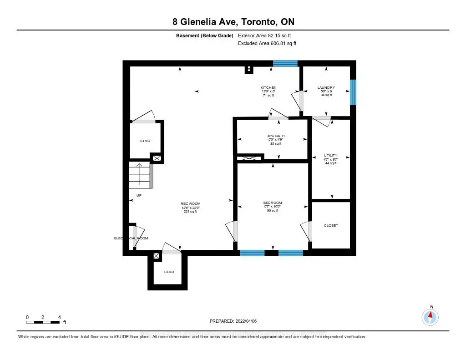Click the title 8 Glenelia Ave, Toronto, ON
(x=233, y=22)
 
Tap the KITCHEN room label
(x=268, y=87)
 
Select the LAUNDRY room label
(x=326, y=87)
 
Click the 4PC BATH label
(x=273, y=136)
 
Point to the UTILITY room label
(x=330, y=156)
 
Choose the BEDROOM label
(x=272, y=203)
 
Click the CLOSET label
(x=331, y=226)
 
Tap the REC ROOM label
(x=190, y=204)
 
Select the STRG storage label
(x=145, y=141)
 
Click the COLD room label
(x=169, y=272)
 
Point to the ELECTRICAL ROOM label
(x=131, y=238)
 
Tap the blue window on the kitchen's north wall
(x=285, y=64)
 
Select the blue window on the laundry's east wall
(x=353, y=92)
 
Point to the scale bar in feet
(x=43, y=322)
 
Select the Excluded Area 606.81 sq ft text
(x=267, y=44)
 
